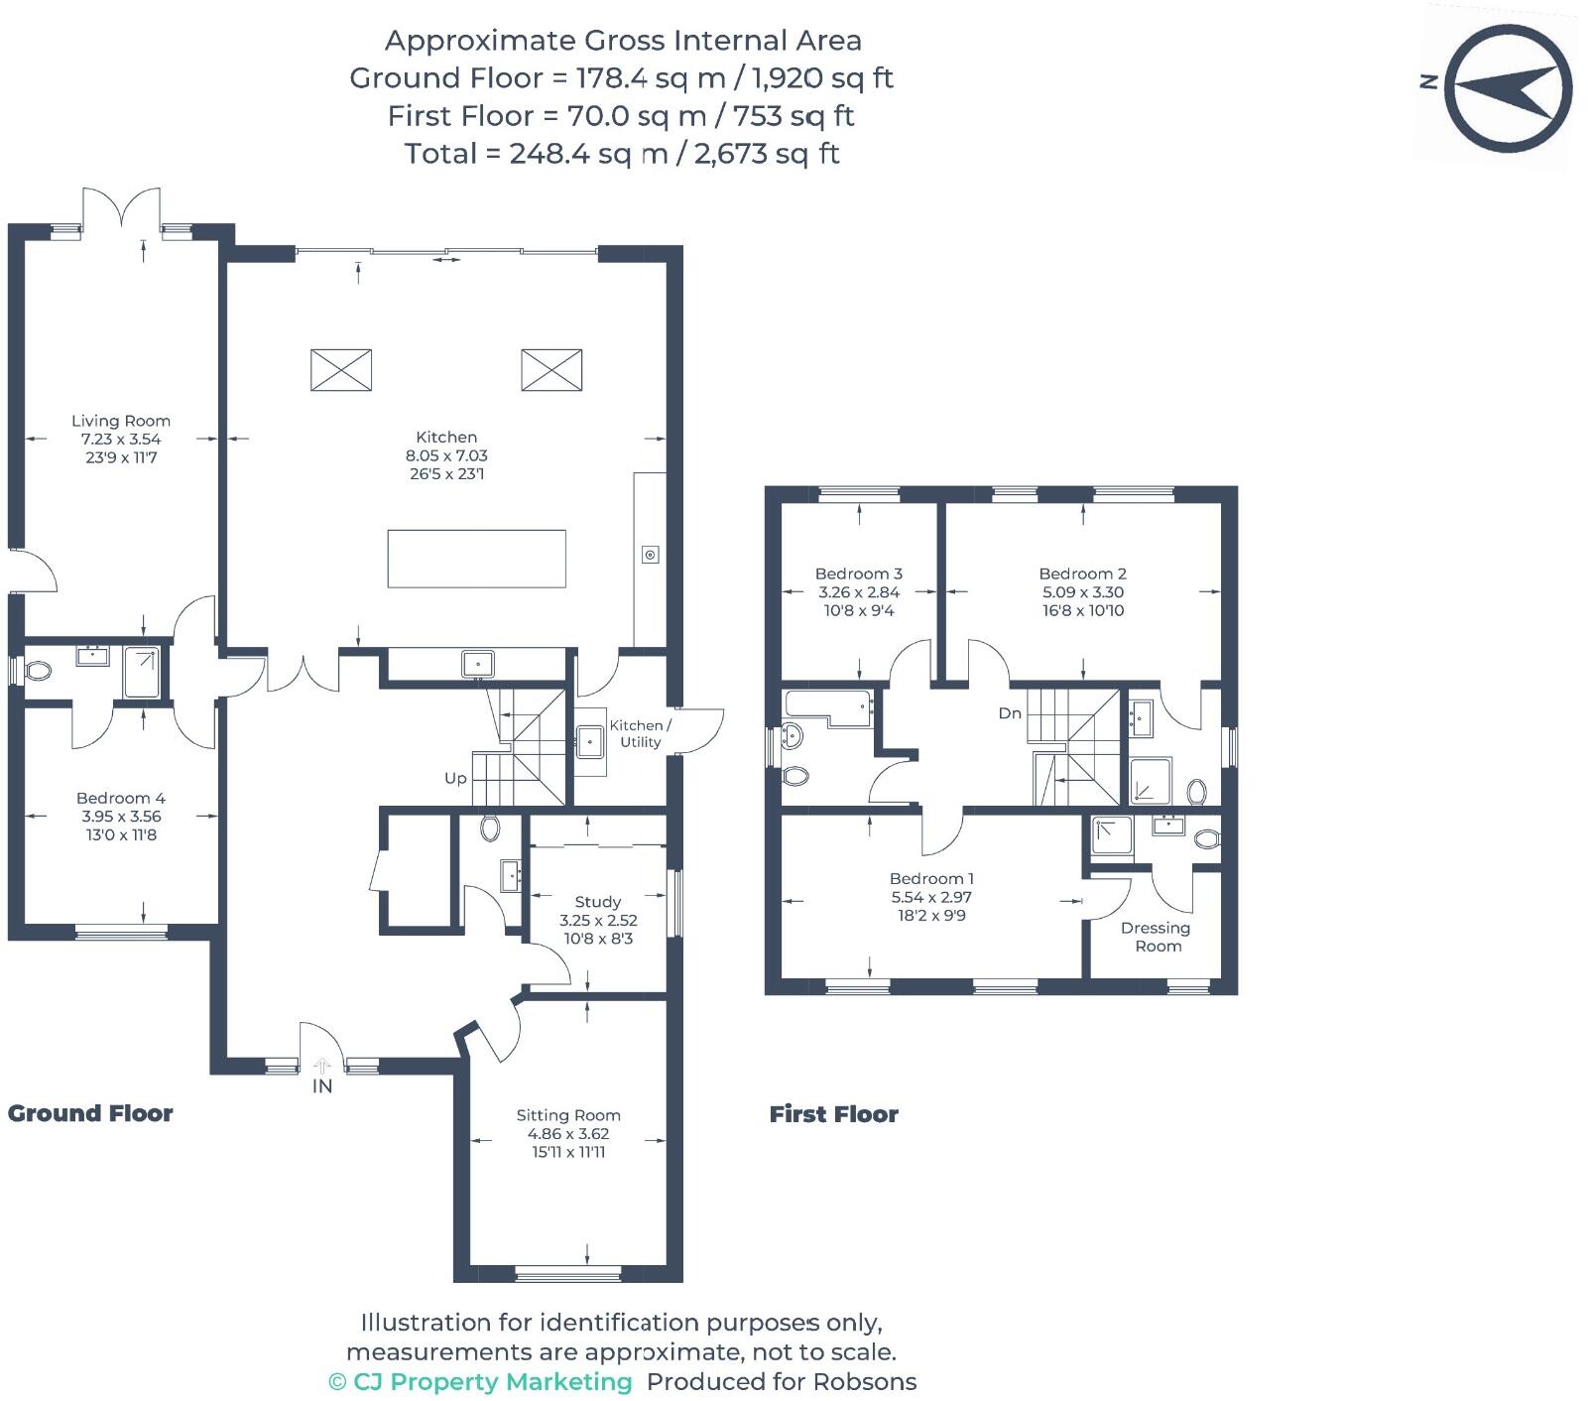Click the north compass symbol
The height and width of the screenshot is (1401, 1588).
1508,87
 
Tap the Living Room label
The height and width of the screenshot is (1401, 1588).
121,421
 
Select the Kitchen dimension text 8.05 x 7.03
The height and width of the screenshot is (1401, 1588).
446,455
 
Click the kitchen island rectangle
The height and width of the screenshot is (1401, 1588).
476,559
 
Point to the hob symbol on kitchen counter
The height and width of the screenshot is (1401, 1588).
650,555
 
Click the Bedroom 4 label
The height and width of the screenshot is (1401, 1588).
121,798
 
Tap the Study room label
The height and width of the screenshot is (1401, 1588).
597,902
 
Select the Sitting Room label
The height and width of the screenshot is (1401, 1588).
568,1115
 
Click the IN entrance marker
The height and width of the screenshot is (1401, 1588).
322,1085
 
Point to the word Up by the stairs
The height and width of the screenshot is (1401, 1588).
455,778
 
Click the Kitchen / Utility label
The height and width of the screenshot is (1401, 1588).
640,733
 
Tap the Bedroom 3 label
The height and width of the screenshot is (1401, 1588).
858,573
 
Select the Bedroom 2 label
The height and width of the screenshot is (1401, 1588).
1082,573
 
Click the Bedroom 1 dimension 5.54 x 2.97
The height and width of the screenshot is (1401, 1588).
931,896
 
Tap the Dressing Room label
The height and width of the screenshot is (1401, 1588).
1156,937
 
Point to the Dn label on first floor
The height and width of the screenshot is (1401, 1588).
1010,712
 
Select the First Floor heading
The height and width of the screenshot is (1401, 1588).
833,1114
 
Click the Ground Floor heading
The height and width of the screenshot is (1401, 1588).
90,1113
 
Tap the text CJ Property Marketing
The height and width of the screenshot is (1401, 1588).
492,1381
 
